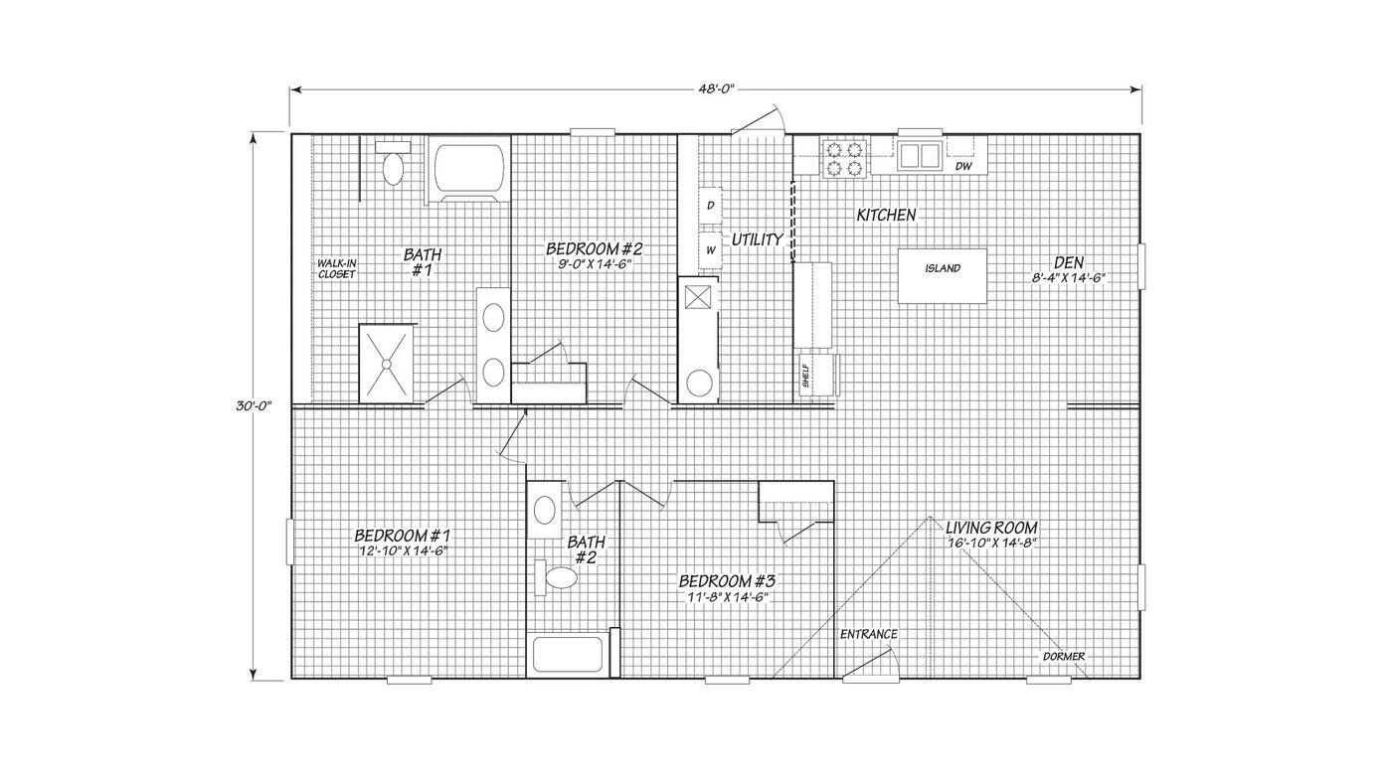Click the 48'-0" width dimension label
coord(715,88)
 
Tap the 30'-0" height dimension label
coord(254,405)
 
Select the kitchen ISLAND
coord(942,275)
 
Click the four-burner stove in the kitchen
coord(844,158)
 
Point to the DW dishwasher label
coord(963,166)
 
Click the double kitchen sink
coord(919,155)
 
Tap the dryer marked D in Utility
coord(710,205)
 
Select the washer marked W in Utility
coord(710,250)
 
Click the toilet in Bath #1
coord(393,165)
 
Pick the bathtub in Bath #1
coord(469,170)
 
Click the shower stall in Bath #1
coord(386,364)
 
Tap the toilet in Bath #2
coord(557,577)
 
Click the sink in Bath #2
coord(545,510)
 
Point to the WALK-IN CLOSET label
coord(337,268)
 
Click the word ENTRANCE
coord(869,634)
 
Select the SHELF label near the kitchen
coord(806,376)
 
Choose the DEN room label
coord(1069,262)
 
